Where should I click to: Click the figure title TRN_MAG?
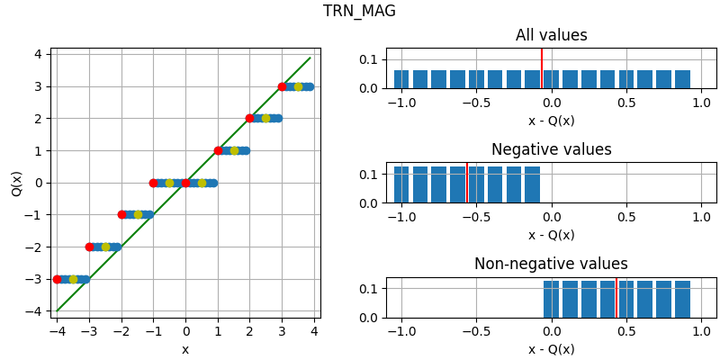tap(359, 12)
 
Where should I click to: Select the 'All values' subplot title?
tap(551, 36)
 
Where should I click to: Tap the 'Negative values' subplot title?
tap(551, 150)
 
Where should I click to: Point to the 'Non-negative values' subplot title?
tap(551, 265)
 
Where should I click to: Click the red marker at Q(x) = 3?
tap(282, 86)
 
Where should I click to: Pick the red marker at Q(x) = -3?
tap(57, 279)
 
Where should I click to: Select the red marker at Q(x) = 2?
tap(249, 118)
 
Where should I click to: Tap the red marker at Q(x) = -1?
tap(121, 214)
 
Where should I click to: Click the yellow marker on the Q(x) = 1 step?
tap(234, 150)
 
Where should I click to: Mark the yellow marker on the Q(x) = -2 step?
tap(105, 247)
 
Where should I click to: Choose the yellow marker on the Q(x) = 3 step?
tap(298, 86)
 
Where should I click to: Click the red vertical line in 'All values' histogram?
tap(542, 68)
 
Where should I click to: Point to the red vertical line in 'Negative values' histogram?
tap(466, 183)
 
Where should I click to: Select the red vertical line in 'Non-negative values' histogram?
tap(616, 297)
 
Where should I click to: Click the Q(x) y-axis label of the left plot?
tap(17, 183)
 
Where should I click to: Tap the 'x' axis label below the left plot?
tap(185, 349)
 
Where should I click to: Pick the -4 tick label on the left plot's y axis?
tap(35, 311)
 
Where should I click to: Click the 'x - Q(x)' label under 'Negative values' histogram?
tap(551, 235)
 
